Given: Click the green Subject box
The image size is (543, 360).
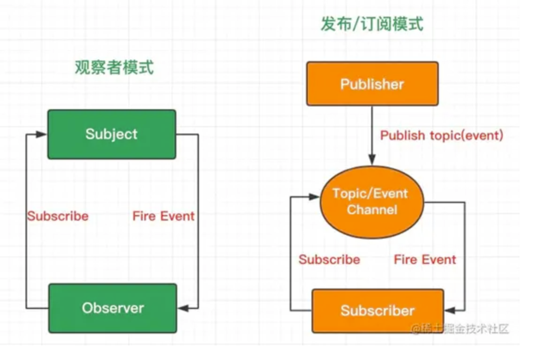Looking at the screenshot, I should [x=112, y=135].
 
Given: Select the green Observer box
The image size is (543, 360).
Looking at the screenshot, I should [x=113, y=308].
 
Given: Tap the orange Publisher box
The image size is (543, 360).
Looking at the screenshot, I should [x=372, y=84].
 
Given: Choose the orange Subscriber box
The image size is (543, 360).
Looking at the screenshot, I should [x=377, y=311].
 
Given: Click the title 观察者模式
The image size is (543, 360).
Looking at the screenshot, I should [x=114, y=68].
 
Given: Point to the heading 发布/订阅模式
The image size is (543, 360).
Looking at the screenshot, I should [x=372, y=24].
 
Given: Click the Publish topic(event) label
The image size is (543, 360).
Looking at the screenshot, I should [x=441, y=135].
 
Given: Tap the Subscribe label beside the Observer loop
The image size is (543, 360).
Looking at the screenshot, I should [x=58, y=216].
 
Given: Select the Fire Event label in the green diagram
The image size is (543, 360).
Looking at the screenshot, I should [x=163, y=216].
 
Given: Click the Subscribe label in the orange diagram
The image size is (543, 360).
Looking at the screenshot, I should [x=329, y=259].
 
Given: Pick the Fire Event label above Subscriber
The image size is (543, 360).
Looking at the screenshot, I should [x=425, y=259].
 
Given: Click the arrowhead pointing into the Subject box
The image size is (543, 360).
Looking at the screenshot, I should [x=42, y=135].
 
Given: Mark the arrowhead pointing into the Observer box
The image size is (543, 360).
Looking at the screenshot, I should [x=183, y=308].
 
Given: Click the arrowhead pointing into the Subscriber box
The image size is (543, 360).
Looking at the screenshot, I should [x=449, y=310].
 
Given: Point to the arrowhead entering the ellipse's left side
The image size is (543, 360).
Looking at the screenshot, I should [x=315, y=197].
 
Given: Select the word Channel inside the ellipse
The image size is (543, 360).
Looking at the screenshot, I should [x=372, y=209].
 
